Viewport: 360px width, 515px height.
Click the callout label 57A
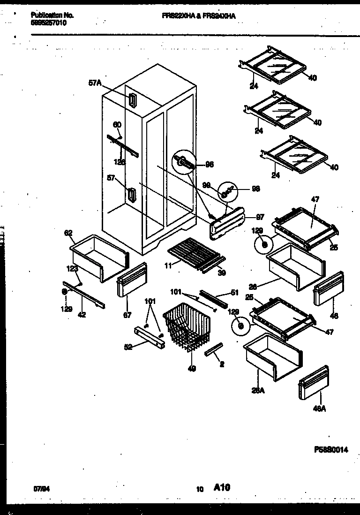pos(95,83)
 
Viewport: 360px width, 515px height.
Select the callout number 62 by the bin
pos(69,232)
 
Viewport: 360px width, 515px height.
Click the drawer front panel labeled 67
pos(131,280)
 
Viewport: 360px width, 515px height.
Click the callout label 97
pos(261,217)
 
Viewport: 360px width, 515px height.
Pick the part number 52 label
pos(128,348)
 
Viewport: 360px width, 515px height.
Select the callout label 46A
pos(319,409)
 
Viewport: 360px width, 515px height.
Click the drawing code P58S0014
pos(331,449)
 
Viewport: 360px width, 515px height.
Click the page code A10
pos(222,488)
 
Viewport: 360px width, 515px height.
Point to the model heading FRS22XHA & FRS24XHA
pos(199,16)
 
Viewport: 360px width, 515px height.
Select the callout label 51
pos(235,293)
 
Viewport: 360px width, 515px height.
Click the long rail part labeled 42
pos(84,300)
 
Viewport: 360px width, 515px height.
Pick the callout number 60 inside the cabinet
pos(117,125)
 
